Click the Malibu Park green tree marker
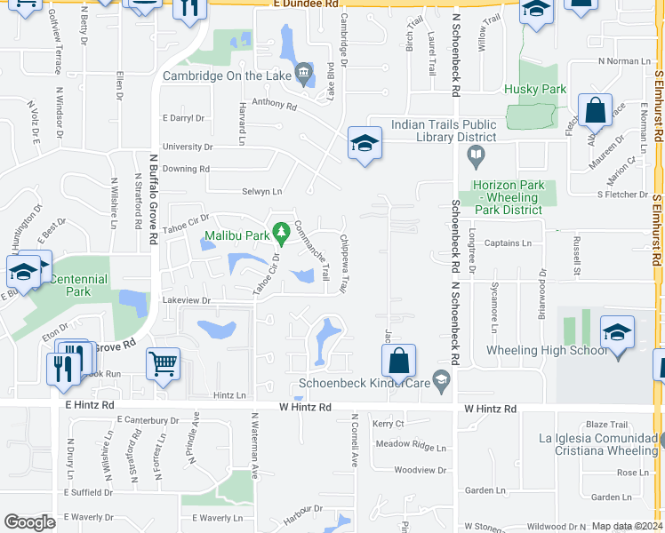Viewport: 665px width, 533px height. click(x=282, y=235)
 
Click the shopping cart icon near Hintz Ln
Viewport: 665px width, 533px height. click(x=163, y=363)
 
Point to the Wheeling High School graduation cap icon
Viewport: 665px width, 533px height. click(x=617, y=333)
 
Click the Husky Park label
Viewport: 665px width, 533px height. click(x=535, y=89)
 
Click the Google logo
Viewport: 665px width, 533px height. click(x=29, y=522)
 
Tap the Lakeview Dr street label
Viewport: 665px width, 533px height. click(x=187, y=301)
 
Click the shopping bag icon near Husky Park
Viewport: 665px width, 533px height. click(x=595, y=111)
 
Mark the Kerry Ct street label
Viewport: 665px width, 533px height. click(x=389, y=424)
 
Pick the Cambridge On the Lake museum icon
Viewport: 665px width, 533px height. click(x=304, y=72)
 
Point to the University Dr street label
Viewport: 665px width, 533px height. click(x=188, y=147)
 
